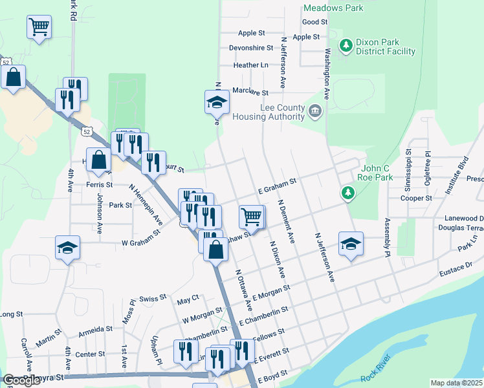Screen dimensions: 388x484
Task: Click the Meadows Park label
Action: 333,8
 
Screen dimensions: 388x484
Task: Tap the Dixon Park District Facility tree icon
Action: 346,45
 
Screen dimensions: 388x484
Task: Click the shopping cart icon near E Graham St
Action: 251,217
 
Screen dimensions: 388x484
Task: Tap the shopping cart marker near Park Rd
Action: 39,27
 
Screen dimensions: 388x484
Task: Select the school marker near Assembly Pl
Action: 351,243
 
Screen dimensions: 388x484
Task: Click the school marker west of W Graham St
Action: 68,248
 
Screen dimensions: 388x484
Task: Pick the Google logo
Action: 21,380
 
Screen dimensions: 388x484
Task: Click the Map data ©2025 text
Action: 457,383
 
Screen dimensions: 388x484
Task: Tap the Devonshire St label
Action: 252,48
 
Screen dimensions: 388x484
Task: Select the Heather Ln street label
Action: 251,65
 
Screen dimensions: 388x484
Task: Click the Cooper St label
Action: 416,199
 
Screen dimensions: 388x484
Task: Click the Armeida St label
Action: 95,329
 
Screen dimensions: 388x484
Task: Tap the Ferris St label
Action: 99,185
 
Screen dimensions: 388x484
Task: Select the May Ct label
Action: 188,301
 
